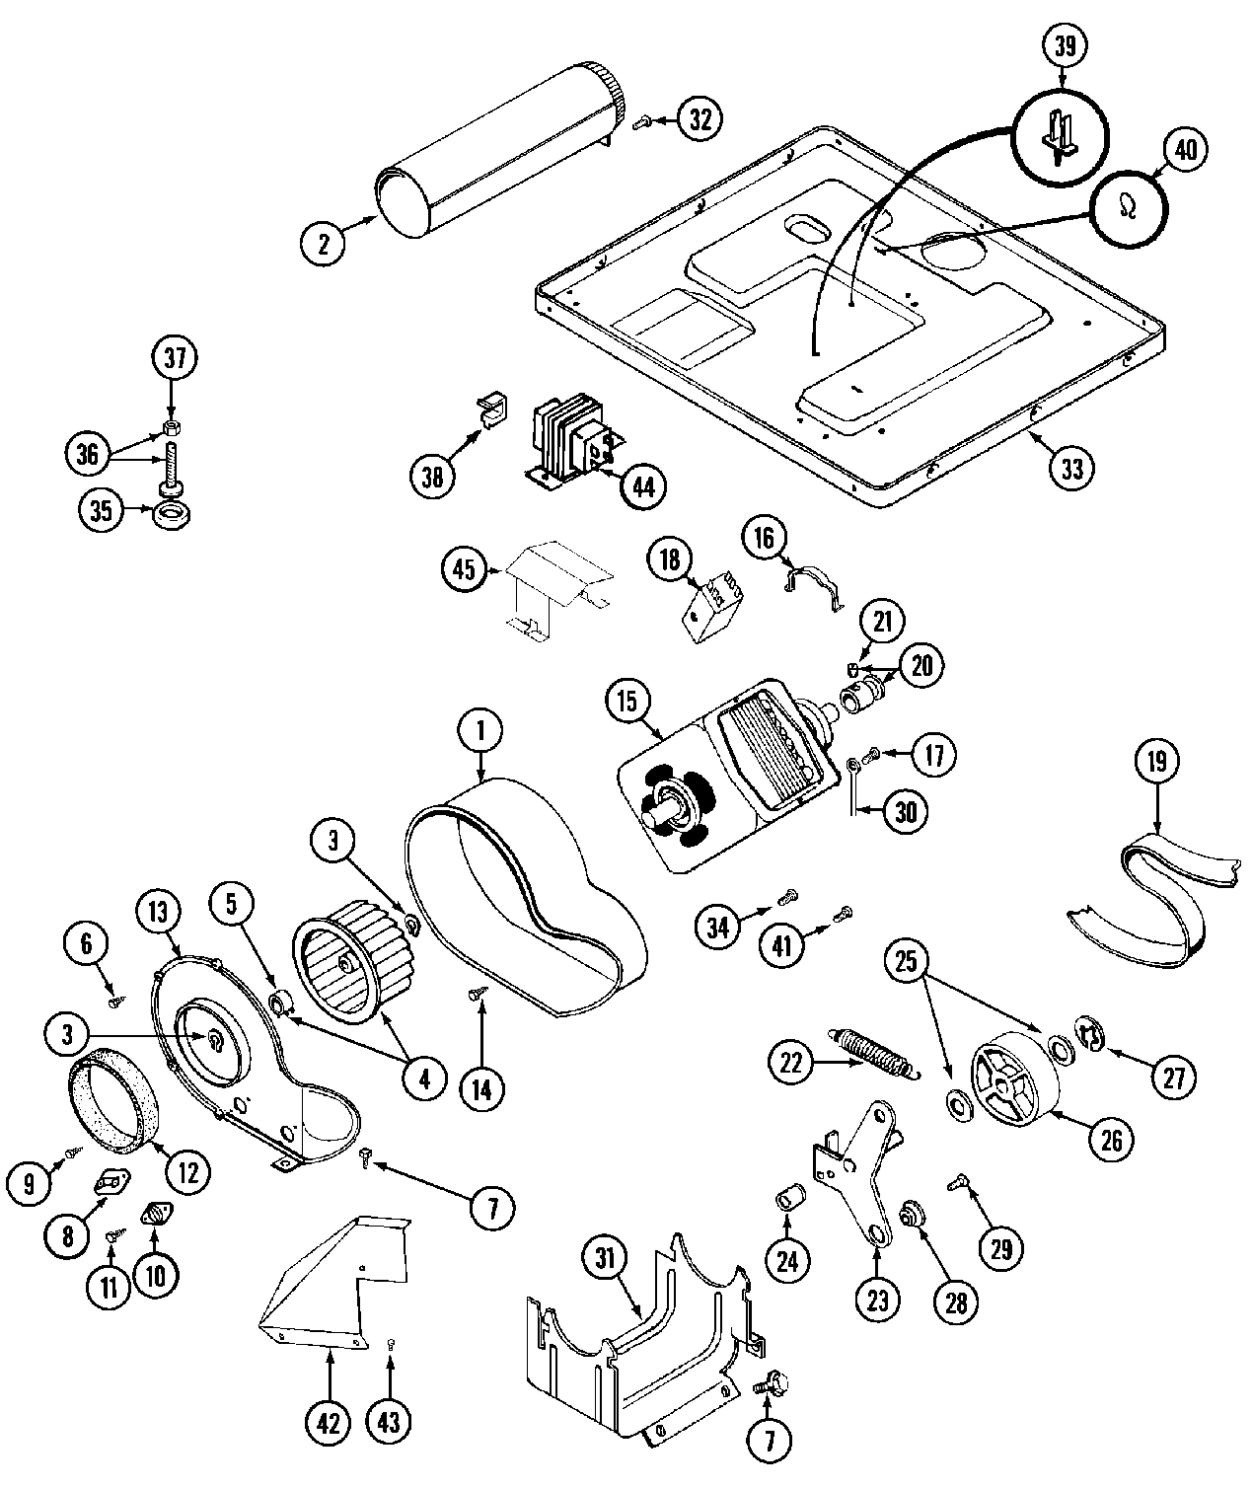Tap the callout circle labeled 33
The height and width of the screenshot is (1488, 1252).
point(1071,467)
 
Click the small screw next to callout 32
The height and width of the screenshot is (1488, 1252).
point(644,121)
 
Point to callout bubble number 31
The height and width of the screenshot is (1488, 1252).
point(605,1258)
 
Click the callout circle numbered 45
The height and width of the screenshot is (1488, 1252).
point(464,568)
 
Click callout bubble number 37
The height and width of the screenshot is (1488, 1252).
point(175,359)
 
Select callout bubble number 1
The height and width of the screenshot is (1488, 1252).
point(480,731)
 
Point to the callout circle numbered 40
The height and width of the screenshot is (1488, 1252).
point(1185,151)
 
